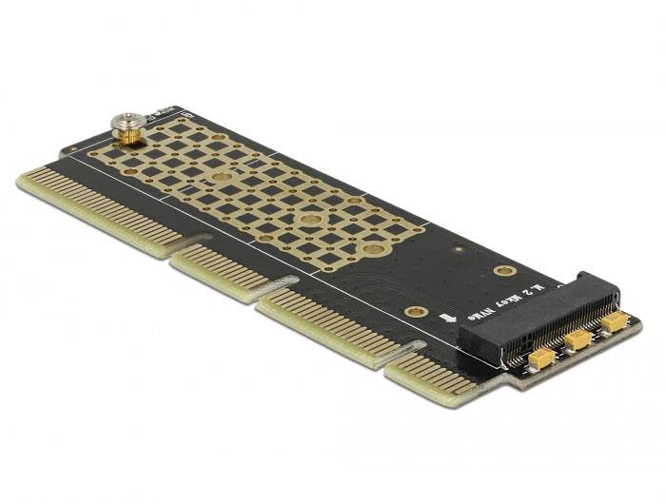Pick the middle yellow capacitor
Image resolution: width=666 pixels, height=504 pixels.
[578, 340]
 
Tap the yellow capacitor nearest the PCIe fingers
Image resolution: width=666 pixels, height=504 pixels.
[541, 359]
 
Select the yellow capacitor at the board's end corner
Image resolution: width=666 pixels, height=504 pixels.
[615, 324]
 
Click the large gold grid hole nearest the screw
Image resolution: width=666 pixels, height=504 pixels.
[221, 178]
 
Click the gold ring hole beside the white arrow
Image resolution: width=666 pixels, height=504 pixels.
[414, 311]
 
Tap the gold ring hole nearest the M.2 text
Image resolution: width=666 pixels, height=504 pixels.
[504, 271]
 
